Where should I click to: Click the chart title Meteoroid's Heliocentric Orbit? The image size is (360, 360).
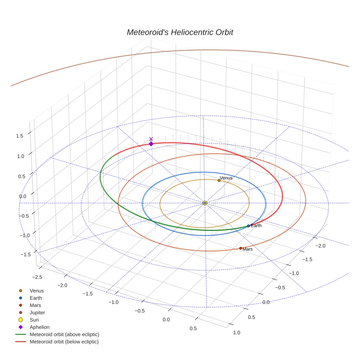tap(180, 32)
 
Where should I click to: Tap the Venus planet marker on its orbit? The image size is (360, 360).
tap(219, 180)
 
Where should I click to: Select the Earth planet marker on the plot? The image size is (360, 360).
tap(248, 226)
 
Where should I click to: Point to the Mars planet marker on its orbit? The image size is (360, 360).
tap(240, 248)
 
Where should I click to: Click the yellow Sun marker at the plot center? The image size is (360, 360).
tap(205, 203)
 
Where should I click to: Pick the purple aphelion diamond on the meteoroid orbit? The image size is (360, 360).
tap(151, 144)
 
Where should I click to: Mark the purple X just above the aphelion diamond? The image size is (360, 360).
tap(151, 139)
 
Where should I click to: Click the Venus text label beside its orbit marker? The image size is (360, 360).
tap(226, 178)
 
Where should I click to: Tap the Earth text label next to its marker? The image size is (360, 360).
tap(256, 226)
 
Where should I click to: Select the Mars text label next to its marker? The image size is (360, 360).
tap(248, 249)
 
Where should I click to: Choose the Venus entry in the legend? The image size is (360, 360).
tap(37, 290)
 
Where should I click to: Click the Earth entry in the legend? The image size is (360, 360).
tap(35, 298)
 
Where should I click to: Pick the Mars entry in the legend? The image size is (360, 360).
tap(35, 305)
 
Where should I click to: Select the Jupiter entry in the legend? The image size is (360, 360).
tap(37, 312)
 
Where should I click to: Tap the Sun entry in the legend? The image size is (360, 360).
tap(34, 320)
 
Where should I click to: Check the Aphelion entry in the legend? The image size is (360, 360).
tap(39, 327)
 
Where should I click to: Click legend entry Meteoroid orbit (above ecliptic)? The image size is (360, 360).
tap(64, 334)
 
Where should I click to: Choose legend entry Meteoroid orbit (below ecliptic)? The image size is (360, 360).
tap(64, 342)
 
